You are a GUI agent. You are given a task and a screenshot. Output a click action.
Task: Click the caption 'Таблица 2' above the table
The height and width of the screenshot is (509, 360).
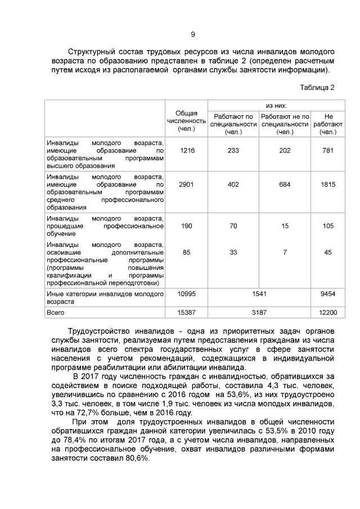point(317,88)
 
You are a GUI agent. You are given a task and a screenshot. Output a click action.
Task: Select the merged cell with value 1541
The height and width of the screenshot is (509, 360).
point(259,294)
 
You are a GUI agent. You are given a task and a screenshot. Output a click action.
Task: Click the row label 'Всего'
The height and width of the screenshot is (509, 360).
point(56,311)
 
